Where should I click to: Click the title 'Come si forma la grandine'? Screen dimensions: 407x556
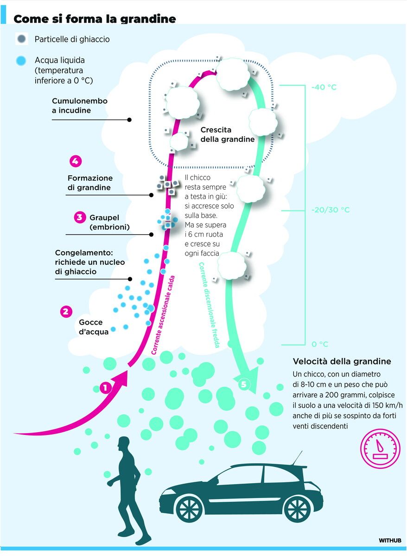point(95,19)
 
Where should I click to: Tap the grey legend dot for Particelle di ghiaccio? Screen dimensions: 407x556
point(22,38)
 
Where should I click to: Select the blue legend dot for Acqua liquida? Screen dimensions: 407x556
point(21,61)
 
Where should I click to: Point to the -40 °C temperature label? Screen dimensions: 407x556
point(324,87)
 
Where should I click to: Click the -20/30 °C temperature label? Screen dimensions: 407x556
point(331,210)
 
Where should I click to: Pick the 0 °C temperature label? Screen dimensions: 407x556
point(320,344)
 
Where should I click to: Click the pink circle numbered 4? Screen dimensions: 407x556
point(75,161)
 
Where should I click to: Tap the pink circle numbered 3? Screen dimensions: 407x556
point(80,217)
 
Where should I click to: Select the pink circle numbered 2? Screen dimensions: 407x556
point(66,312)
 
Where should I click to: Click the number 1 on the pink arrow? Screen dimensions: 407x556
point(105,388)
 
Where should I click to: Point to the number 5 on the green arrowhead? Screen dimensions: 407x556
point(243,384)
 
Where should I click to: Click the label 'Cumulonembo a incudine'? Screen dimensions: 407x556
point(80,106)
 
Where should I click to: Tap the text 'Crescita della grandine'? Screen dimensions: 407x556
point(228,135)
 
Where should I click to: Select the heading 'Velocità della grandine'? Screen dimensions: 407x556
point(342,361)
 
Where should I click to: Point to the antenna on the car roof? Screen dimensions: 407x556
point(298,457)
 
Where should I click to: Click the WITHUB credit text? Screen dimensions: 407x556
point(390,540)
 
